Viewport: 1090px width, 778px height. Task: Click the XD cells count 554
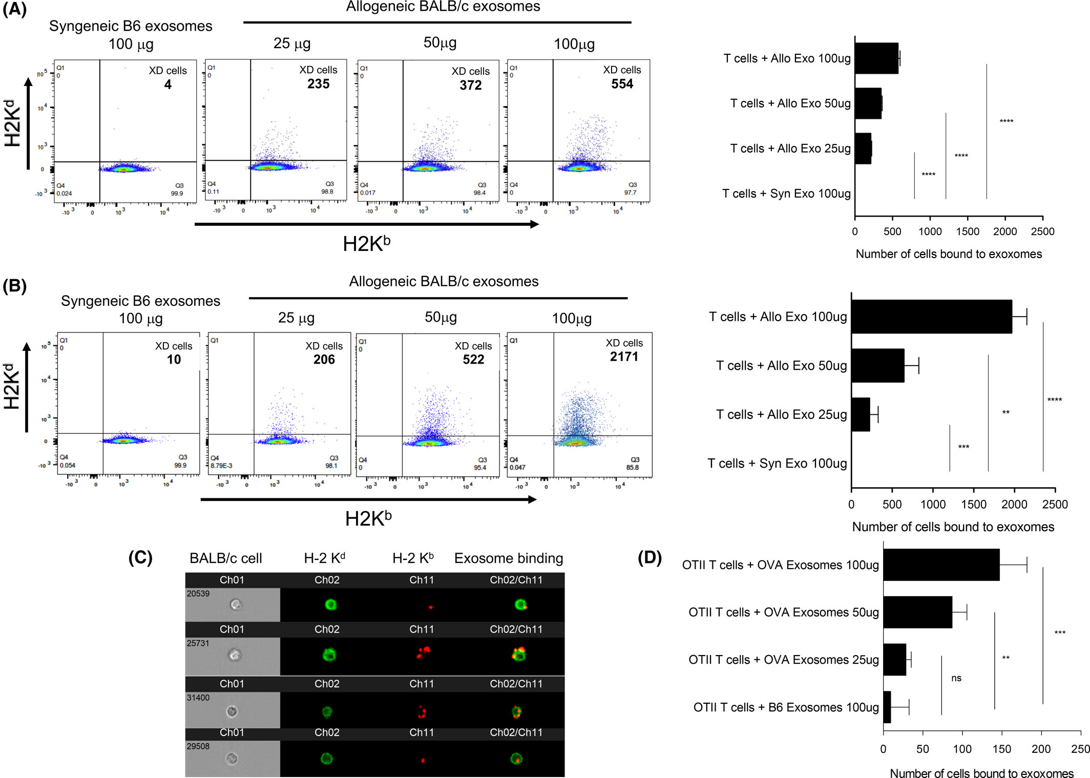622,84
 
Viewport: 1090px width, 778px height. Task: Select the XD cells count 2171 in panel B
624,356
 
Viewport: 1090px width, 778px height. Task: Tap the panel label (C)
140,557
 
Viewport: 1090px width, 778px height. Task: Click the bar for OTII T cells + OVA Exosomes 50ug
917,612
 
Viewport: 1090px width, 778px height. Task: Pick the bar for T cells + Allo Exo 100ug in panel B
931,317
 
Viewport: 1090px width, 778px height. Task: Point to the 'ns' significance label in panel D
956,678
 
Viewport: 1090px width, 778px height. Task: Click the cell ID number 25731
198,643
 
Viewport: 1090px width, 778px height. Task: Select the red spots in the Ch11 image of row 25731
423,653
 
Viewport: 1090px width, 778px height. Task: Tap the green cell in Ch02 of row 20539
330,605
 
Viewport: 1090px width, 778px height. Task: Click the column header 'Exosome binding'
508,558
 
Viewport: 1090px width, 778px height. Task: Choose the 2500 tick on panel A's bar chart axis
1042,232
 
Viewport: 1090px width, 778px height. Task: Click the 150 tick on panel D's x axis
1001,749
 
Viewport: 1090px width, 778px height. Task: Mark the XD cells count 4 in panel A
167,85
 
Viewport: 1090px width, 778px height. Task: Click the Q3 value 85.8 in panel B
632,467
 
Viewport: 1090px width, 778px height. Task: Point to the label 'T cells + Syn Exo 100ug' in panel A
786,194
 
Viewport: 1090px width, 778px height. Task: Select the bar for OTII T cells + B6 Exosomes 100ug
887,707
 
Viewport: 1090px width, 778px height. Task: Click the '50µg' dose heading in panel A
439,43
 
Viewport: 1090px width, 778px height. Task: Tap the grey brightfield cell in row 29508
232,759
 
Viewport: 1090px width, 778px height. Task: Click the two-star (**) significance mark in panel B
1005,412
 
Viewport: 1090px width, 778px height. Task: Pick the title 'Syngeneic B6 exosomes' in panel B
140,301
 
